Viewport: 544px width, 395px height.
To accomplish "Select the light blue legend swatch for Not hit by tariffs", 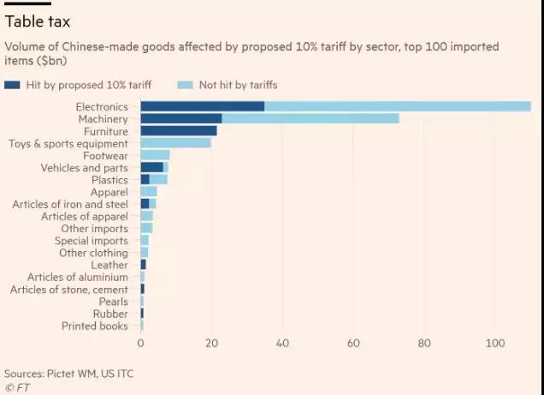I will tap(186, 85).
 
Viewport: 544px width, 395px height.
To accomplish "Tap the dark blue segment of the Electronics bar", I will tap(203, 106).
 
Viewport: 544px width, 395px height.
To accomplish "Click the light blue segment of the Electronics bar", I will tap(398, 106).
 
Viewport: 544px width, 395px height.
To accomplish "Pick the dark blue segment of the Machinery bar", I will tap(181, 118).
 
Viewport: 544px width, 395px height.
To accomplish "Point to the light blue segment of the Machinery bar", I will tap(310, 118).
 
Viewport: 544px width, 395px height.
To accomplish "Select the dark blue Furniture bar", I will tap(179, 131).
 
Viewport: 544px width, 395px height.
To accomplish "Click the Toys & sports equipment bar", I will tap(176, 143).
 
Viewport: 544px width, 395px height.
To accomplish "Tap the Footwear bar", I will tap(156, 155).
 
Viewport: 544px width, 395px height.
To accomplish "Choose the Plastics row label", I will tap(109, 180).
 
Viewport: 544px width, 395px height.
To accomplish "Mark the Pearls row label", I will tap(113, 302).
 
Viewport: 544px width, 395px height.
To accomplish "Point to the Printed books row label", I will tap(95, 326).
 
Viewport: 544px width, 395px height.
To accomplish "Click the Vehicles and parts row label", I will tap(85, 168).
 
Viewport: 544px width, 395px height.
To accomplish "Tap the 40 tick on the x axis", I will tap(282, 344).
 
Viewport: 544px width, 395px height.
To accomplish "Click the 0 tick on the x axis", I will tap(140, 344).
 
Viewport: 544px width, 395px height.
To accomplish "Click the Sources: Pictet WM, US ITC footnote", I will tap(68, 374).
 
